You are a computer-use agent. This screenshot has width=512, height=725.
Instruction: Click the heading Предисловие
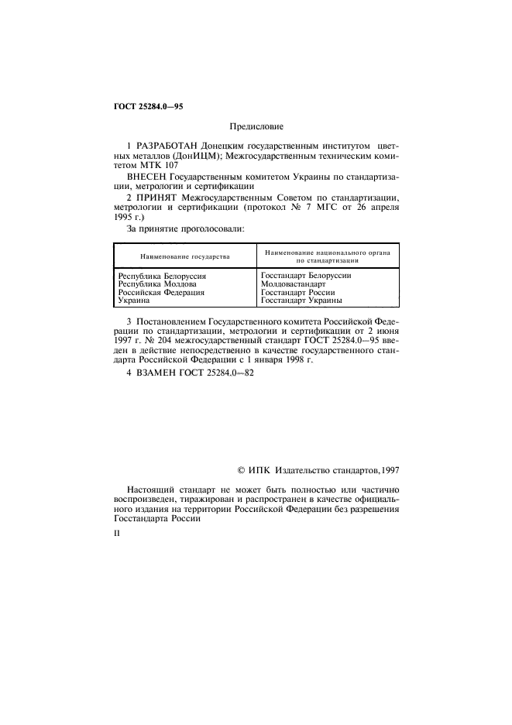256,125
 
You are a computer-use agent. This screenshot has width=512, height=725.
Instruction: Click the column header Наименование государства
184,256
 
